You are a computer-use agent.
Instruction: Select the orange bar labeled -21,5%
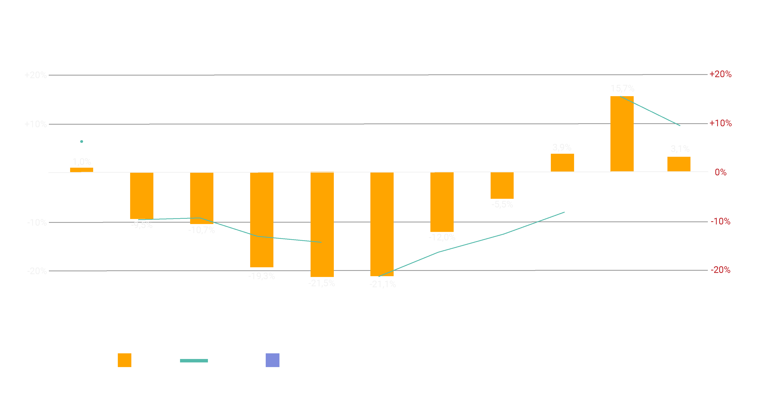click(322, 224)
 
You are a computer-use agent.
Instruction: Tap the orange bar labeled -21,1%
click(382, 224)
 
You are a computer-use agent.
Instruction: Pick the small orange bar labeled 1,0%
click(82, 170)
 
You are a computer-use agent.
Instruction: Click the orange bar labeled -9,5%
click(142, 196)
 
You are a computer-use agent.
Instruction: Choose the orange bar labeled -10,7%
click(202, 198)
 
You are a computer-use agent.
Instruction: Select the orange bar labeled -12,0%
click(442, 202)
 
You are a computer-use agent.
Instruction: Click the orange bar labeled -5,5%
click(502, 185)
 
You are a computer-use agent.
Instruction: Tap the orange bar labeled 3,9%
click(562, 163)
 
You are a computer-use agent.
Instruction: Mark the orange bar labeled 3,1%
click(679, 164)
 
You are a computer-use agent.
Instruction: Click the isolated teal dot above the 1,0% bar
click(82, 142)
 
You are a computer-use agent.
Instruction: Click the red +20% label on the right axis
click(720, 74)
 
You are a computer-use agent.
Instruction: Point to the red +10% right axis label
click(720, 123)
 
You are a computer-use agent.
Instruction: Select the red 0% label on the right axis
click(721, 172)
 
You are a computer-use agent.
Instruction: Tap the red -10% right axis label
click(721, 221)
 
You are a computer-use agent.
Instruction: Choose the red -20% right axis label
click(721, 270)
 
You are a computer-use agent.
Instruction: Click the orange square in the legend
click(124, 360)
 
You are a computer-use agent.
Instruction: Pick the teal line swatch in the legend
click(194, 361)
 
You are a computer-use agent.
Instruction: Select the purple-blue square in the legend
click(272, 360)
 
